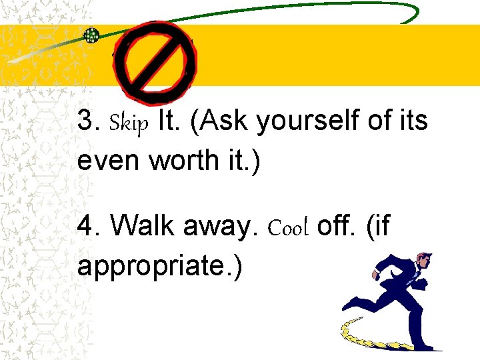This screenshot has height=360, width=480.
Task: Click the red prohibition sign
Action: [155, 59]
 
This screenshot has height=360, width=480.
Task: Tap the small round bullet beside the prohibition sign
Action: [91, 36]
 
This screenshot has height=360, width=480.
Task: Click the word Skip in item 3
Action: [129, 123]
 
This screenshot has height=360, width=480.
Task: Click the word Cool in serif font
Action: [288, 228]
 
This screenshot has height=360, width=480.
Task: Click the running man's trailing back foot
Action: [351, 305]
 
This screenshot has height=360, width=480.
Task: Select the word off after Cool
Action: [337, 227]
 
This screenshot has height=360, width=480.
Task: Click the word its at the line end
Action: [414, 121]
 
